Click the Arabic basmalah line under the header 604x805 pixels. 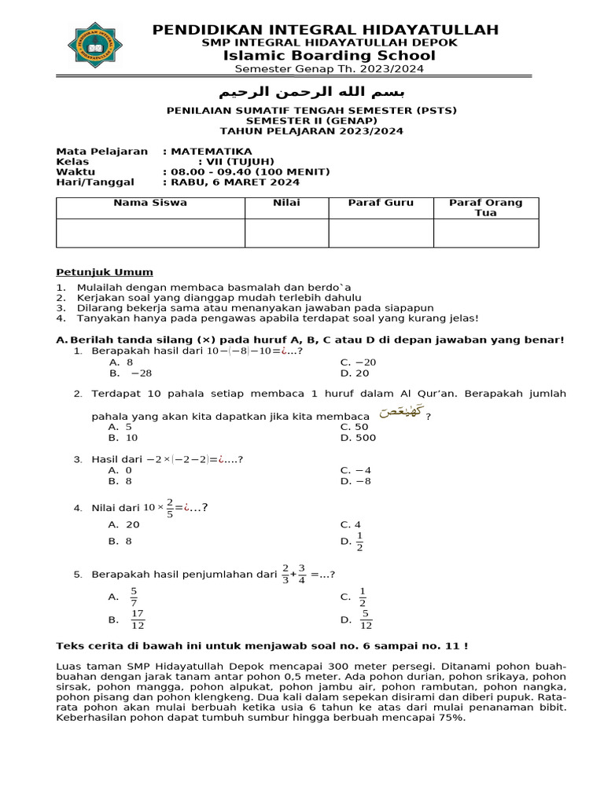point(304,86)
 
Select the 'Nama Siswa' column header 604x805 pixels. point(149,203)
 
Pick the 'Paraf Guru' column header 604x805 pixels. point(381,203)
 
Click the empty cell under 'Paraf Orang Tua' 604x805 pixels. point(485,233)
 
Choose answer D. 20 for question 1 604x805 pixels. point(355,373)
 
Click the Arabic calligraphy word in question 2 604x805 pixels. point(400,412)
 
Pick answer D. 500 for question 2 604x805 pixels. point(358,438)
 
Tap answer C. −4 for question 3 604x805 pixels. point(355,470)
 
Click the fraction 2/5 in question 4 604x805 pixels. point(170,507)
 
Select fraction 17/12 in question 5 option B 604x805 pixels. point(137,619)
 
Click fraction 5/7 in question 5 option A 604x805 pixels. point(134,597)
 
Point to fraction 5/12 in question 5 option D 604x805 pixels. point(366,619)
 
